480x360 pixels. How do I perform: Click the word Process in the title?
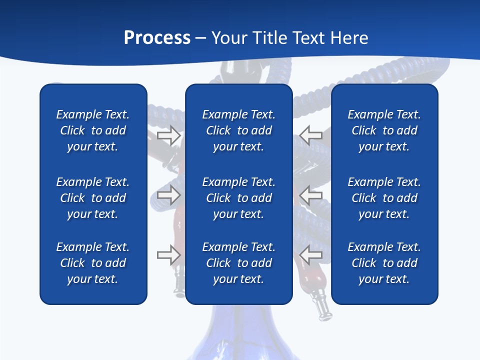click(157, 37)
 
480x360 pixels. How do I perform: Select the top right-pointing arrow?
click(168, 135)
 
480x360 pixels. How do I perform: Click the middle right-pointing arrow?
click(168, 195)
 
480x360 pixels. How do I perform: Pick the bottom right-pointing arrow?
click(168, 255)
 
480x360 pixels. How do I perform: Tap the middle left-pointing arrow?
click(310, 195)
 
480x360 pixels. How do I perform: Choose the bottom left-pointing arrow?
click(310, 255)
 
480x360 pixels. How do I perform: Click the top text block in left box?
click(93, 130)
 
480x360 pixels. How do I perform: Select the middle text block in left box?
click(93, 198)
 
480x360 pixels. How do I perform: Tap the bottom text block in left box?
click(93, 263)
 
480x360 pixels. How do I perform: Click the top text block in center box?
click(239, 130)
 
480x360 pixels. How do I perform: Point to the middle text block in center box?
click(239, 198)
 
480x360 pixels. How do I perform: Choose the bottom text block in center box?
click(239, 263)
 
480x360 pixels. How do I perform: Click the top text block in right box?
click(384, 130)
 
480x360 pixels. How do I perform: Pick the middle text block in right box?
click(384, 198)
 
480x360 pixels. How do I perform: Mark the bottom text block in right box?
click(384, 263)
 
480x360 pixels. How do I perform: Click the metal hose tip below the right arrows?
click(321, 306)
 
